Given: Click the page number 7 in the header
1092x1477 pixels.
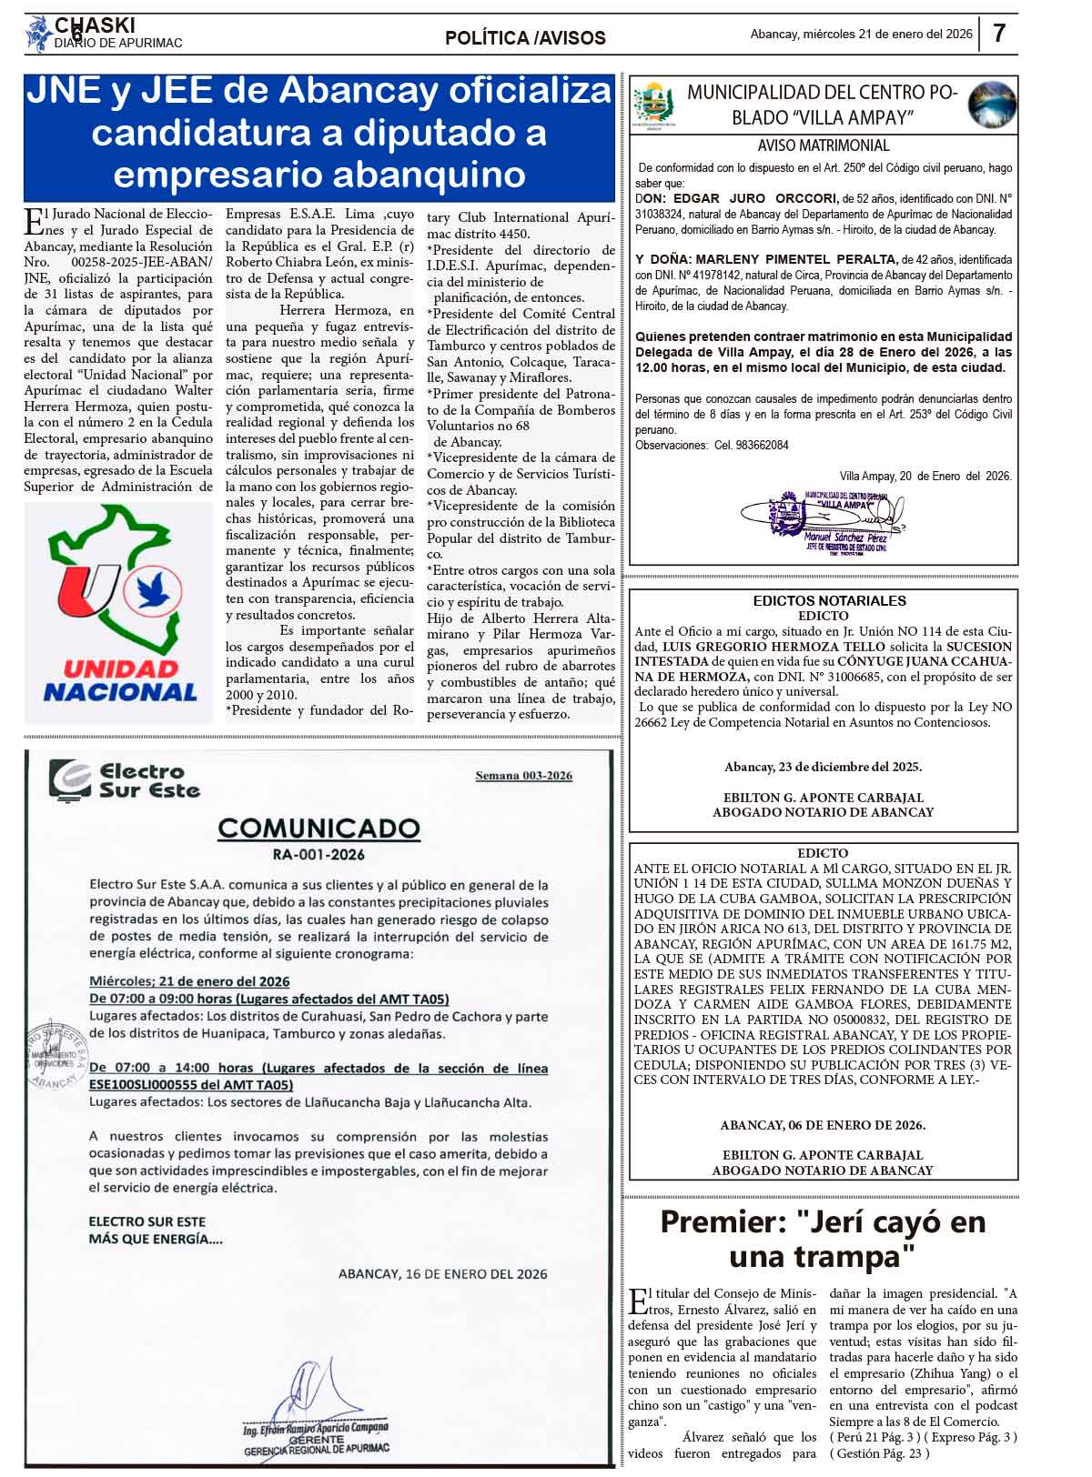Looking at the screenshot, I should tap(998, 34).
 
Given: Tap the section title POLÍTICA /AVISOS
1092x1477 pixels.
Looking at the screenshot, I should tap(525, 38).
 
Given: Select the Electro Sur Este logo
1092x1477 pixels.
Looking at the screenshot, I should tap(125, 781).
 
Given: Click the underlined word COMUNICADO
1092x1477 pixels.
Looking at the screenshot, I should tap(318, 829).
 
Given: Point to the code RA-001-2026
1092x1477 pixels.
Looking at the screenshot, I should tap(318, 855).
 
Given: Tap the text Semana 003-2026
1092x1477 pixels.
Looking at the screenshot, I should tap(523, 776).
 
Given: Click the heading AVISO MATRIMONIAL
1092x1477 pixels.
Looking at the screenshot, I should tap(823, 146).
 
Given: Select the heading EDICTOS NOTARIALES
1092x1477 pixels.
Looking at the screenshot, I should tap(829, 601).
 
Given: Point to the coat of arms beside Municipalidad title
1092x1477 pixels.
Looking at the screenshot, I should tap(652, 105).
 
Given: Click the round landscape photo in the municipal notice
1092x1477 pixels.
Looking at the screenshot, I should tap(991, 104).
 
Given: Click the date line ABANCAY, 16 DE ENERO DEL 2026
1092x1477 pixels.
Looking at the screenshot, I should tap(442, 1274).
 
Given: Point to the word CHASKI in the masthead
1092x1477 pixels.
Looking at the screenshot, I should tap(95, 25).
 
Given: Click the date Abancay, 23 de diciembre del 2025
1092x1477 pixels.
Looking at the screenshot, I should tap(823, 767).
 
